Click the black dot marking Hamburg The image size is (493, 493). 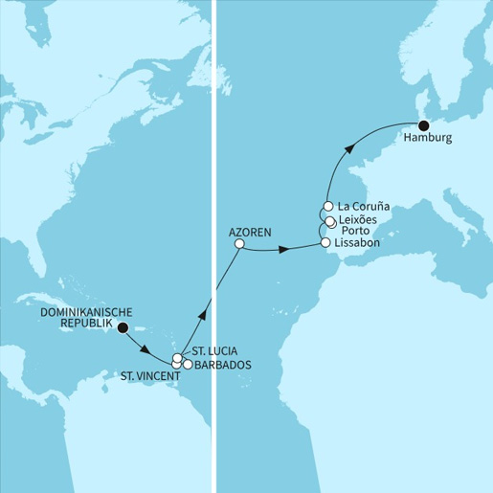click(423, 123)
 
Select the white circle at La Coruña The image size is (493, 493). click(327, 206)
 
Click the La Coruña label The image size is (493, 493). click(362, 206)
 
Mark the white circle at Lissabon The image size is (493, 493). click(326, 243)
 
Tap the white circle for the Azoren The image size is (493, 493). click(239, 244)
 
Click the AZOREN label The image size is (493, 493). click(251, 231)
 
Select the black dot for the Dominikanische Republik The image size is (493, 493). click(121, 327)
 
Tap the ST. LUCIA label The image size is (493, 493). click(213, 349)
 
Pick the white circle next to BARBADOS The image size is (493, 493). click(188, 364)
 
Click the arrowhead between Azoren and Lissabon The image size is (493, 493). click(283, 251)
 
